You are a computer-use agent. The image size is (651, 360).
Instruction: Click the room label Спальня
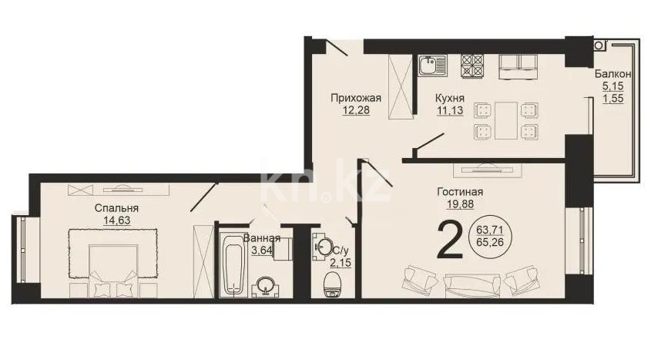click(116, 208)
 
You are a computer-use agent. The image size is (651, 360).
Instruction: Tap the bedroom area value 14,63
click(116, 220)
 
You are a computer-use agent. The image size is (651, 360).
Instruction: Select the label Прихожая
click(356, 98)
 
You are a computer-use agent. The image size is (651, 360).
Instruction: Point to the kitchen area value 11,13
click(449, 110)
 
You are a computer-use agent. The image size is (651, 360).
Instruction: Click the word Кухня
click(449, 98)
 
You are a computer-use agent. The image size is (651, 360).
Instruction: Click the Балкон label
click(613, 74)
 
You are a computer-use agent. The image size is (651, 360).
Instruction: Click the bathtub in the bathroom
click(232, 267)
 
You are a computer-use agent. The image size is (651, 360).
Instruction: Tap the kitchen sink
click(432, 65)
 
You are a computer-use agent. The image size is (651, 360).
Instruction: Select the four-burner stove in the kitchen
click(472, 65)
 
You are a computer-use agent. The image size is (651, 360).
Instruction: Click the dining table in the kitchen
click(505, 119)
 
